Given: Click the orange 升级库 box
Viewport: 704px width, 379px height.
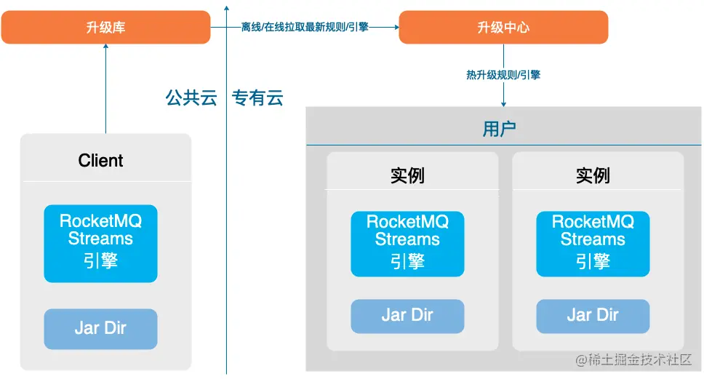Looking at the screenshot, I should pos(105,28).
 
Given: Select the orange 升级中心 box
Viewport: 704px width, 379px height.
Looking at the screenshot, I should pos(503,28).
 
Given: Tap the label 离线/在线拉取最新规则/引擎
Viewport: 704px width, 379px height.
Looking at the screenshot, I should pos(305,27).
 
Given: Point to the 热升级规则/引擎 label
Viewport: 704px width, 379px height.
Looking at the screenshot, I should pos(503,74).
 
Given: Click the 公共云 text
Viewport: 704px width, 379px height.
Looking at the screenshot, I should pos(191,98).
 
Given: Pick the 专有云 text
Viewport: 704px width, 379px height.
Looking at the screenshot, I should pos(257,98).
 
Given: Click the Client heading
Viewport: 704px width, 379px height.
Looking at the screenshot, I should pos(100,161).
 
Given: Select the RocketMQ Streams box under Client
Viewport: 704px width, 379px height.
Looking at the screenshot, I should pos(100,243).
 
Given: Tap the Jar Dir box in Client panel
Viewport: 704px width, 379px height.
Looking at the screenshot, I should pos(100,328).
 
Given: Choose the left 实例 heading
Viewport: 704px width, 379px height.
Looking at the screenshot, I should pos(407,175).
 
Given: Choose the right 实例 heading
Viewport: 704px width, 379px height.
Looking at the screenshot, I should pos(593,175).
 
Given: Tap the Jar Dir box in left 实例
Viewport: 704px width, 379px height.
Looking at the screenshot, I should pos(407,316).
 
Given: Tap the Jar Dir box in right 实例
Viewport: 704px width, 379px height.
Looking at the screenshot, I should pos(593,316).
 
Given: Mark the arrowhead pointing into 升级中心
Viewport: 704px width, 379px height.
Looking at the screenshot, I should pos(396,28).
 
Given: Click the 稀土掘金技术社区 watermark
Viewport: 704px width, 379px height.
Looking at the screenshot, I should pos(633,360).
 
